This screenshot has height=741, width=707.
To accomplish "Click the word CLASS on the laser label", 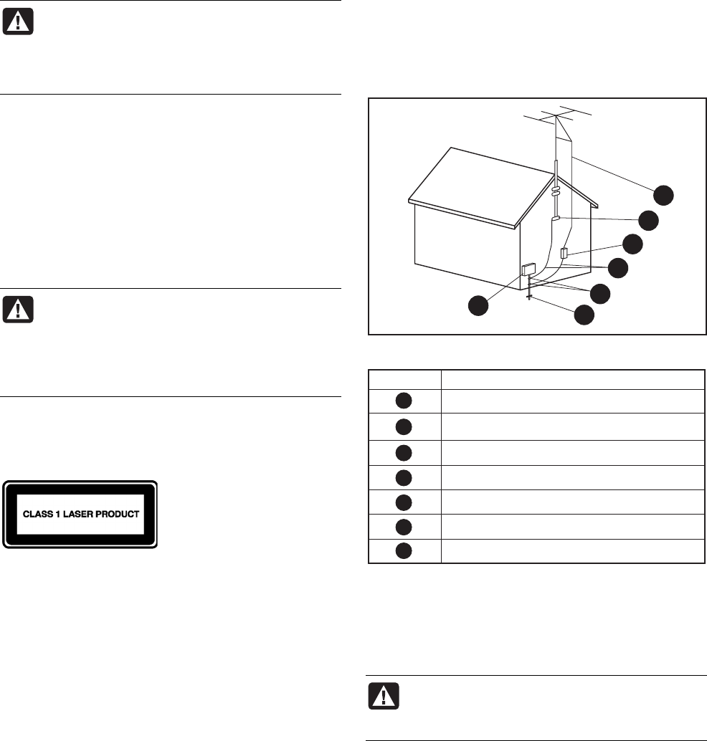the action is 37,515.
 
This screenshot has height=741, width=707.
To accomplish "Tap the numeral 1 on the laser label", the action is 60,515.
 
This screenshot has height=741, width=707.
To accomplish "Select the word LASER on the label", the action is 81,515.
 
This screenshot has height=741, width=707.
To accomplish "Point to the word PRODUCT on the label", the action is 120,515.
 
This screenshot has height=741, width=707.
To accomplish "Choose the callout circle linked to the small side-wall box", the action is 632,244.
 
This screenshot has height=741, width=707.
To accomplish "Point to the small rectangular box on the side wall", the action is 564,252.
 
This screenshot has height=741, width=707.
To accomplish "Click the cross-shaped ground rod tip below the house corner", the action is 528,297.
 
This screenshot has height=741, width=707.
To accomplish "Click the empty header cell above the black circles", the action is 404,380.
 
